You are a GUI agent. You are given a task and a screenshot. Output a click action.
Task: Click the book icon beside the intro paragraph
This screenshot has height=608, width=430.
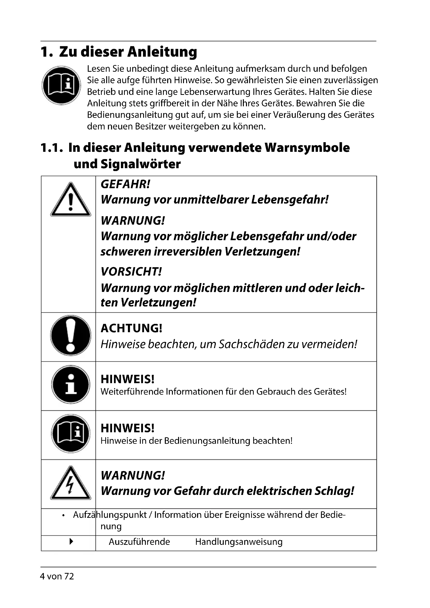coord(61,85)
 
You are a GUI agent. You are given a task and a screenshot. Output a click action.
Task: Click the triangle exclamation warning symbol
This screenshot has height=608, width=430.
coord(70,200)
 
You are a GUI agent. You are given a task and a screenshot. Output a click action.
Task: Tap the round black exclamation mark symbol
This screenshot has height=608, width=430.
coord(70,336)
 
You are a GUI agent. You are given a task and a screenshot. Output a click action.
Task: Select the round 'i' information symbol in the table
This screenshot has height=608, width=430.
coord(70,384)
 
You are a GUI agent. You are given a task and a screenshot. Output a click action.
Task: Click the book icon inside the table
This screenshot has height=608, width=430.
coord(70,434)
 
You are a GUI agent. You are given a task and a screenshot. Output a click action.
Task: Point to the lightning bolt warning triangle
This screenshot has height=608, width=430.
coord(70,483)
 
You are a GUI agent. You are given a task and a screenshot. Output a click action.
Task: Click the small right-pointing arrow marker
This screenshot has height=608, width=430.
coord(71,541)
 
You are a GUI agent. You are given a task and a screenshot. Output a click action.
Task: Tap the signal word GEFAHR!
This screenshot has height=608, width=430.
coord(125,184)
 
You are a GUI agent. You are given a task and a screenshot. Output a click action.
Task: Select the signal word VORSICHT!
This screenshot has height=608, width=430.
coord(131,272)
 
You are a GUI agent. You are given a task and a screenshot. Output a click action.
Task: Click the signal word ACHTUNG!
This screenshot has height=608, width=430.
coord(131,328)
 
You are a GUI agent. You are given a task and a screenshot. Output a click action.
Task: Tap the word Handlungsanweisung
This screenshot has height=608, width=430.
coord(239,542)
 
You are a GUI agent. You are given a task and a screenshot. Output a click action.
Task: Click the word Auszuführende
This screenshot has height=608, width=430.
coord(139,542)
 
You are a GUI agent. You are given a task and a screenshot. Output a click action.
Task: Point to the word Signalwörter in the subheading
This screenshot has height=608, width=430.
coord(140,164)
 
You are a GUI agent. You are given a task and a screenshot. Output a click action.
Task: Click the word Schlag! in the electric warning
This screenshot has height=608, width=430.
coord(334,491)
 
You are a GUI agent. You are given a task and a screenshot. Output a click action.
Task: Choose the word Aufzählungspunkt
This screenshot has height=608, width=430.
coord(110,515)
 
